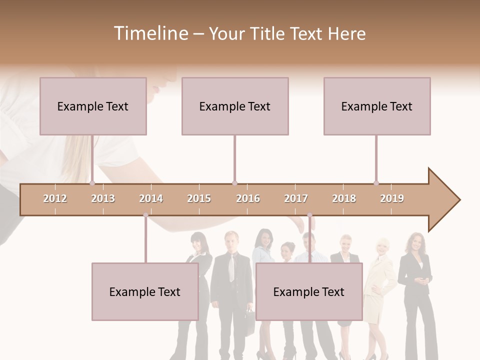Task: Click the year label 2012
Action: pyautogui.click(x=55, y=198)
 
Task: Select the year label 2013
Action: pyautogui.click(x=103, y=198)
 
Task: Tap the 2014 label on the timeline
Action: pyautogui.click(x=151, y=198)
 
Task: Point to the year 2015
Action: pyautogui.click(x=199, y=198)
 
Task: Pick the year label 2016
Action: pyautogui.click(x=248, y=198)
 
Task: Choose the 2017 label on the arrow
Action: pyautogui.click(x=296, y=198)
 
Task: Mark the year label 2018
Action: pyautogui.click(x=344, y=198)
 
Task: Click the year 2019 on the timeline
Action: pyautogui.click(x=392, y=198)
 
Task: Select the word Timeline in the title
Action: pyautogui.click(x=149, y=33)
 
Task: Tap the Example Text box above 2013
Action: pyautogui.click(x=93, y=106)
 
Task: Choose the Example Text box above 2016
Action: pyautogui.click(x=235, y=106)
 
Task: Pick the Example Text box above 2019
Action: pyautogui.click(x=377, y=106)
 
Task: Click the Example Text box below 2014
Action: pyautogui.click(x=145, y=291)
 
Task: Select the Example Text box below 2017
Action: pyautogui.click(x=309, y=291)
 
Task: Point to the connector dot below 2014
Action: pyautogui.click(x=145, y=215)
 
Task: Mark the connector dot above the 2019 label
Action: pyautogui.click(x=376, y=183)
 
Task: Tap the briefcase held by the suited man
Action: pyautogui.click(x=249, y=315)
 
